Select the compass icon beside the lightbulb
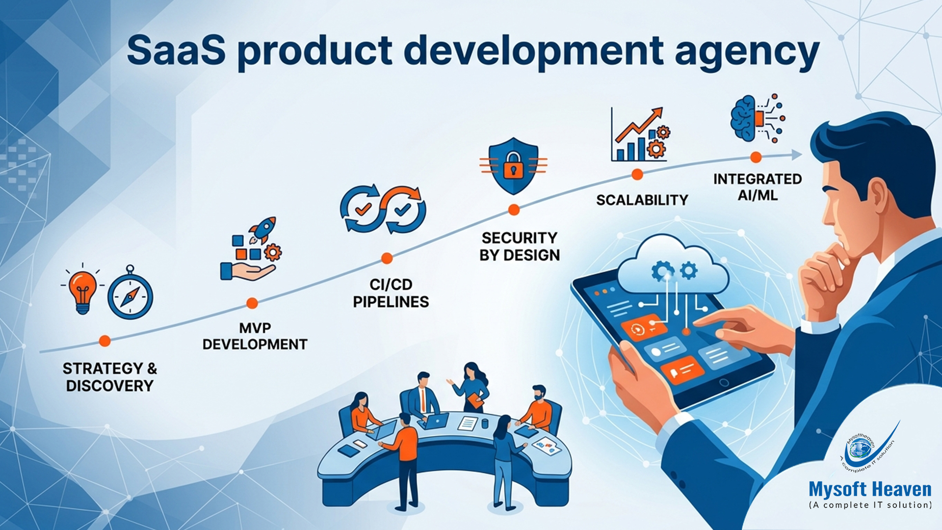[x=131, y=296]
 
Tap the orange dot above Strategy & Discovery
[x=105, y=341]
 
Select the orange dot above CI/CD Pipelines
[x=387, y=258]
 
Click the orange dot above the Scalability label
[x=637, y=174]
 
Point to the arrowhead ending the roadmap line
[x=797, y=155]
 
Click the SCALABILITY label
[x=642, y=200]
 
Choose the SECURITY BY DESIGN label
[x=520, y=246]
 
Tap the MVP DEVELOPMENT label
[x=255, y=336]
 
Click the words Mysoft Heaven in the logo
[x=870, y=490]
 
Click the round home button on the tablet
[x=724, y=382]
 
